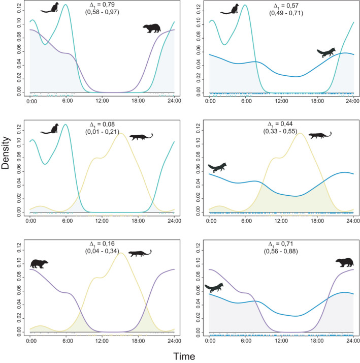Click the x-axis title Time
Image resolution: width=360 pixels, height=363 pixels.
(181, 356)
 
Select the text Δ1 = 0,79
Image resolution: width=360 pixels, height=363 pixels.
(103, 6)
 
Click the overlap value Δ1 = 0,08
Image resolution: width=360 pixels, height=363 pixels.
(103, 124)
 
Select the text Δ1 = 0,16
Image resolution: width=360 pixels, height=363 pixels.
(103, 244)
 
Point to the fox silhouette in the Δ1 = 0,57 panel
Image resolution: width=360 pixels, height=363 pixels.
(326, 52)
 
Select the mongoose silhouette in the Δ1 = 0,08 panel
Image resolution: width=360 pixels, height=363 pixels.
(141, 137)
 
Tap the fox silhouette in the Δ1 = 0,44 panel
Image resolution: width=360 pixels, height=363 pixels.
(217, 167)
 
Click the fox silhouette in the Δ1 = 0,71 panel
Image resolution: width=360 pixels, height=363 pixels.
(214, 287)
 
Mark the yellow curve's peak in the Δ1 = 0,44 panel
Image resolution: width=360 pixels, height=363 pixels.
(300, 134)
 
